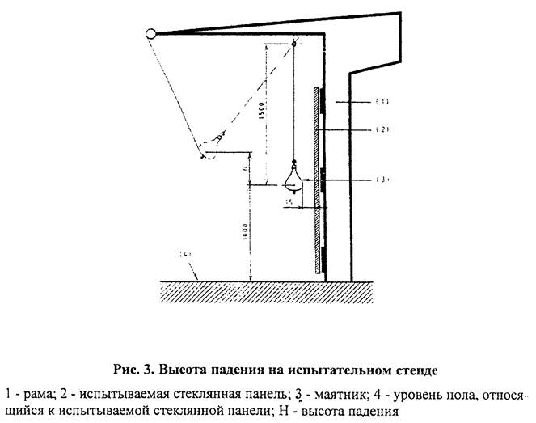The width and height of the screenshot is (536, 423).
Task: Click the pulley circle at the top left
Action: (151, 34)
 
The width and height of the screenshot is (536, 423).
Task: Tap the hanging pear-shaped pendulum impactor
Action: (294, 176)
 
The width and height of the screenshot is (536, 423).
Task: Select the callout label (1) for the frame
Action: (382, 102)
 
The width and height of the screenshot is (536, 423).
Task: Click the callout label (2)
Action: (382, 129)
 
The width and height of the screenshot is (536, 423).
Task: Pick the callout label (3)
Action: (382, 179)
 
